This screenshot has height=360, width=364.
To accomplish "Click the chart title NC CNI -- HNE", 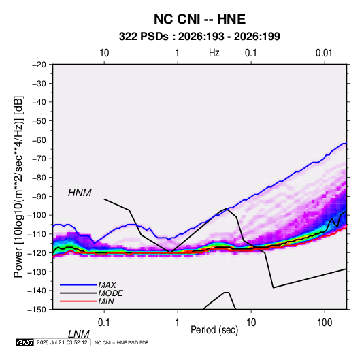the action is click(x=199, y=19).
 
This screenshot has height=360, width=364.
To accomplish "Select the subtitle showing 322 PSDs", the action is click(x=199, y=37).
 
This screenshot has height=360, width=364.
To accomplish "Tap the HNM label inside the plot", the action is click(x=80, y=193).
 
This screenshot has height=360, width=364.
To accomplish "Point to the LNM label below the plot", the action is click(x=78, y=334).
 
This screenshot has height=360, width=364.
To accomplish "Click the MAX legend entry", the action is click(x=107, y=284).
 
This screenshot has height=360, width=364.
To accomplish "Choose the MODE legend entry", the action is click(x=110, y=293).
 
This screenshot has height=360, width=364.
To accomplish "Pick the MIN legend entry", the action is click(x=106, y=301).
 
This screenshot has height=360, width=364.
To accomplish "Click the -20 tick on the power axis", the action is click(x=39, y=65).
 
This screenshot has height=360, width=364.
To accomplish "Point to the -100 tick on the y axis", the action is click(x=37, y=215).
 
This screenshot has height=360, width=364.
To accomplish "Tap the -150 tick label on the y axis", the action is click(x=37, y=310).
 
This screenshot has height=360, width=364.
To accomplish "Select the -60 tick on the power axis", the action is click(x=39, y=140).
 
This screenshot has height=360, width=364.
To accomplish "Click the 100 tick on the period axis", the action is click(x=325, y=323).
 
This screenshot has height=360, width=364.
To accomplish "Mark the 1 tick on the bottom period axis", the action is click(x=178, y=323).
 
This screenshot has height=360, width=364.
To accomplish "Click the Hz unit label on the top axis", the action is click(x=214, y=53).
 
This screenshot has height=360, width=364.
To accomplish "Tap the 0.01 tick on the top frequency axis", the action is click(x=324, y=53).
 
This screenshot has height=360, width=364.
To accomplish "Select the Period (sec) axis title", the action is click(x=214, y=330).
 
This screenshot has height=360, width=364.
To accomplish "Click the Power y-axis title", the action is click(x=18, y=186).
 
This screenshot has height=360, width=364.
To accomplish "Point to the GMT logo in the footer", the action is click(x=25, y=342).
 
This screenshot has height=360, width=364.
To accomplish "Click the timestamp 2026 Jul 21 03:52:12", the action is click(x=62, y=342).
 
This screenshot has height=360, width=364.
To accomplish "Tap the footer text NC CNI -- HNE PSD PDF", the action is click(x=121, y=342).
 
